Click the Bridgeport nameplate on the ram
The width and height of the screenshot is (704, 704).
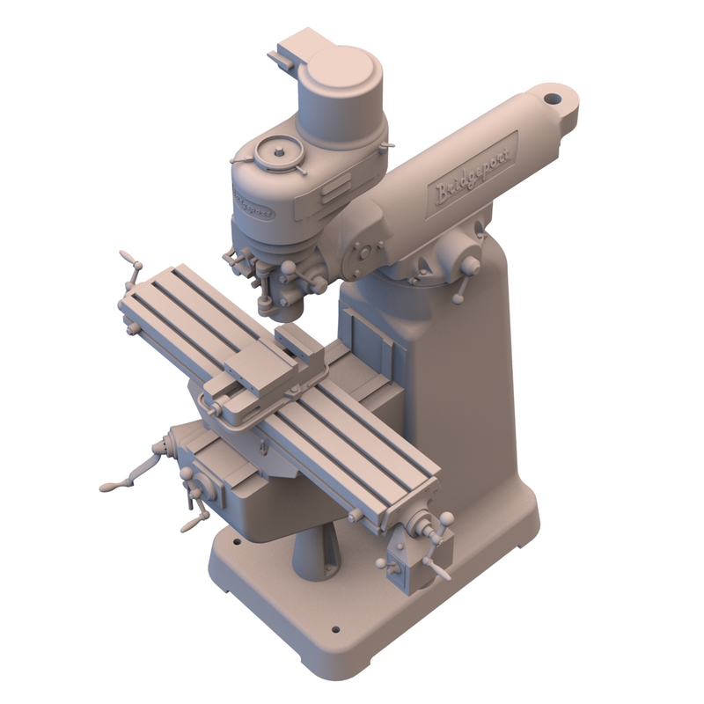pyautogui.click(x=475, y=172)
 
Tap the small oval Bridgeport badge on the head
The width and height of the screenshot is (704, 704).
pyautogui.click(x=253, y=205)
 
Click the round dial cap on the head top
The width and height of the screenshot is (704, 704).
pyautogui.click(x=278, y=154)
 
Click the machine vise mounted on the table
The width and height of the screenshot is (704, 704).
pyautogui.click(x=264, y=374)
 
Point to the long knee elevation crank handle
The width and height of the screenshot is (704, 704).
pyautogui.click(x=132, y=475)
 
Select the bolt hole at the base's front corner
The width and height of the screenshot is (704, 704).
pyautogui.click(x=335, y=630)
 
